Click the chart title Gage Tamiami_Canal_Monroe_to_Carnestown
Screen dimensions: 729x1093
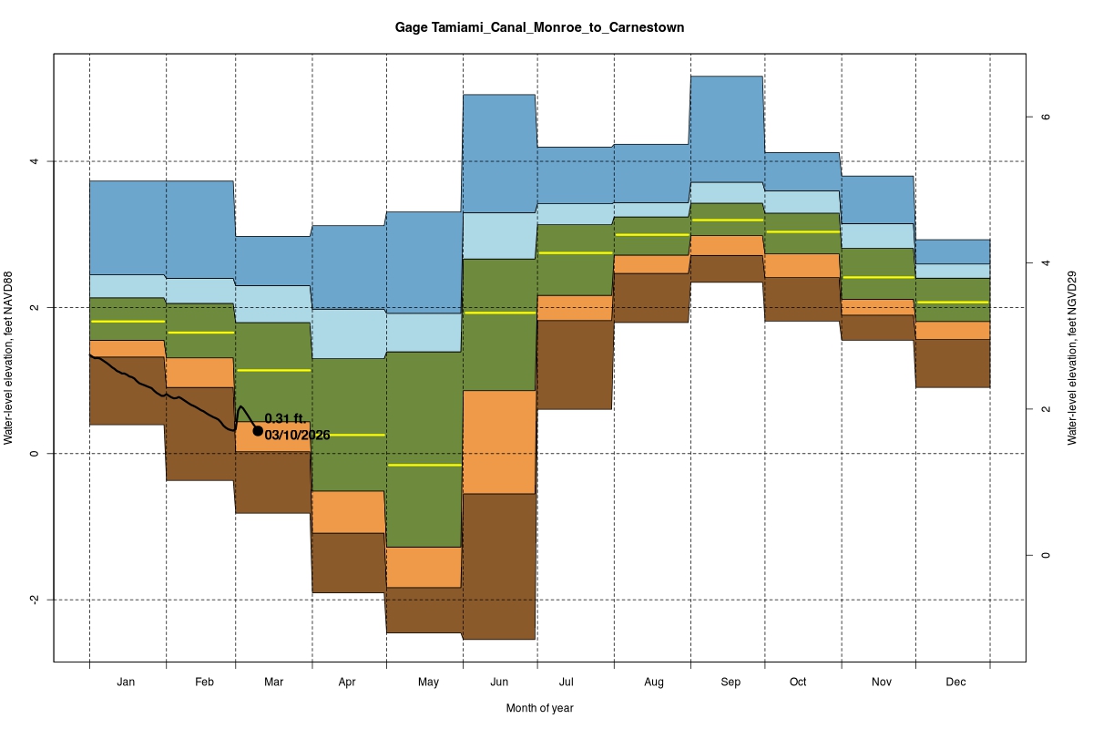coord(539,28)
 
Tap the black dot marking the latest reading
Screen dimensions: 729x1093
coord(258,431)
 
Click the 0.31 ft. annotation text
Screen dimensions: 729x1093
coord(283,418)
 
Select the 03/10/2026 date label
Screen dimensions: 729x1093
coord(297,435)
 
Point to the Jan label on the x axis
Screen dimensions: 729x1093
coord(127,682)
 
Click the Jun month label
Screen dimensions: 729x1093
coord(499,682)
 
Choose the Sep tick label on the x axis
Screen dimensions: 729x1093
coord(730,682)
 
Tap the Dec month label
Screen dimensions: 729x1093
coord(955,682)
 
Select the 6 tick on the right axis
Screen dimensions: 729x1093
coord(1047,117)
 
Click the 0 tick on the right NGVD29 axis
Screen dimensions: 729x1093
coord(1047,555)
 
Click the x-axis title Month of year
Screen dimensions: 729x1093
coord(539,708)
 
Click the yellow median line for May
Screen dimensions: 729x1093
coord(424,465)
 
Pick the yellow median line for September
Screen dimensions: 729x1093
coord(726,221)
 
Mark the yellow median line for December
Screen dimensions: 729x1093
coord(953,302)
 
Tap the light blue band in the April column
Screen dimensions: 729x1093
coord(349,334)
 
